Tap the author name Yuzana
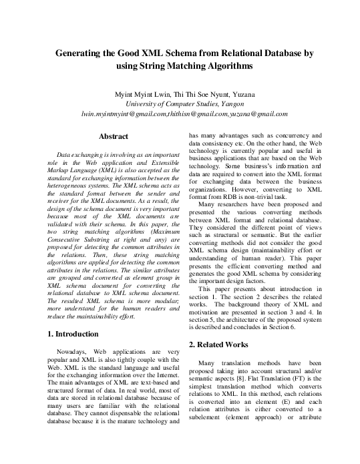[x=240, y=94]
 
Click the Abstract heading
[x=113, y=137]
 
